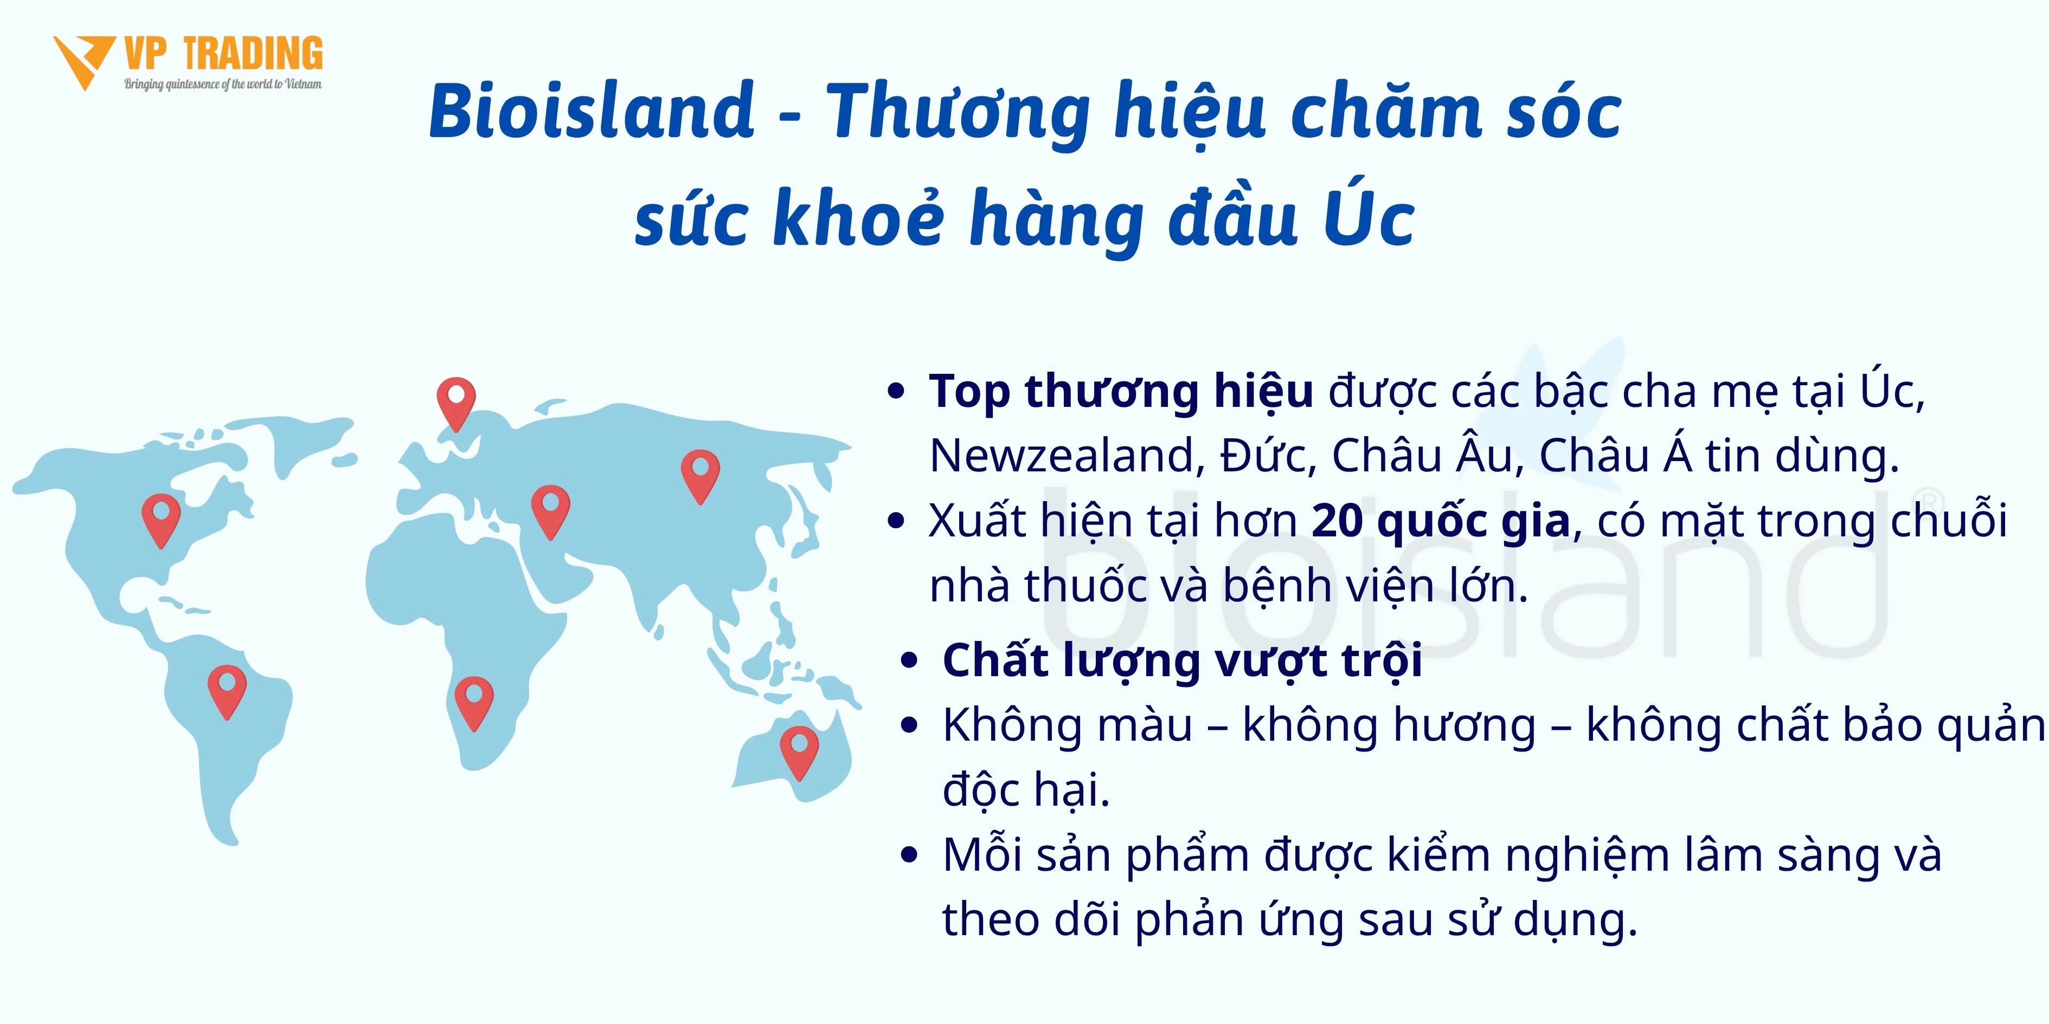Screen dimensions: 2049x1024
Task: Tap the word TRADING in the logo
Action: (x=253, y=54)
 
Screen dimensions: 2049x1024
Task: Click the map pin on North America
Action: (x=160, y=521)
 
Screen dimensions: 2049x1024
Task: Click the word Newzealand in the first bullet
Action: (x=1062, y=456)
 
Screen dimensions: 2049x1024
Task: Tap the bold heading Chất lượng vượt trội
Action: (x=1182, y=660)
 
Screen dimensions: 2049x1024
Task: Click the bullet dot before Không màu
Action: (x=909, y=726)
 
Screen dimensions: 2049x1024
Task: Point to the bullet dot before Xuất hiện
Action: (x=896, y=521)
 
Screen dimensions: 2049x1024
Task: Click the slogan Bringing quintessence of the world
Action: (x=223, y=85)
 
